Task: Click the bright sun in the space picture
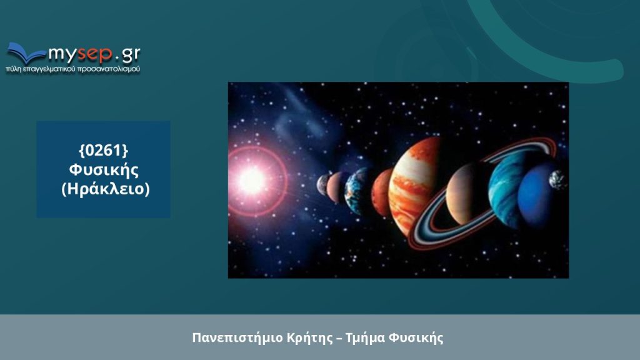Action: (252, 181)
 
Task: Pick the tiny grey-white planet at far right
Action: (557, 180)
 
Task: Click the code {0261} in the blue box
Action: (103, 150)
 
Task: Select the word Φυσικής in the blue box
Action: (103, 169)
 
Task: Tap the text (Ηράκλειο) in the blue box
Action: (106, 189)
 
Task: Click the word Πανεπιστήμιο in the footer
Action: (237, 338)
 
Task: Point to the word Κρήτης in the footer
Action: (310, 338)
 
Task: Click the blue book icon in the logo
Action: (25, 53)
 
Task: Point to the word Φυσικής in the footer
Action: (416, 338)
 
